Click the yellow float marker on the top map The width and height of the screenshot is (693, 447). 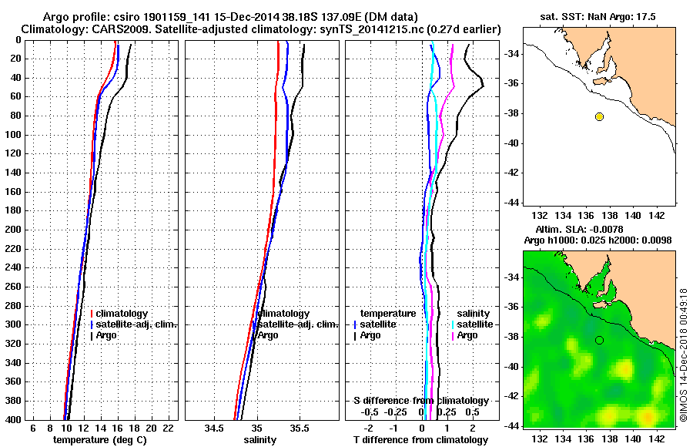pos(599,116)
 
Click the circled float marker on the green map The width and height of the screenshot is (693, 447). pos(599,340)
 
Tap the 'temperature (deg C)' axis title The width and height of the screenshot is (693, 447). pos(99,440)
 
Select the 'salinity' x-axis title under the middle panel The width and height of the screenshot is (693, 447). pos(259,440)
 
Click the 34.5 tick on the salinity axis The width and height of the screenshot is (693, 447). pos(215,428)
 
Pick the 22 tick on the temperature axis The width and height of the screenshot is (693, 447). pos(168,428)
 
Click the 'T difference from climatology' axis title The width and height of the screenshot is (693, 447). pos(421,440)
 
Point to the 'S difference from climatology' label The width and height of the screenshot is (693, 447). pos(421,401)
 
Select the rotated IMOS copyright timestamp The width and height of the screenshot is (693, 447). pos(684,355)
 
